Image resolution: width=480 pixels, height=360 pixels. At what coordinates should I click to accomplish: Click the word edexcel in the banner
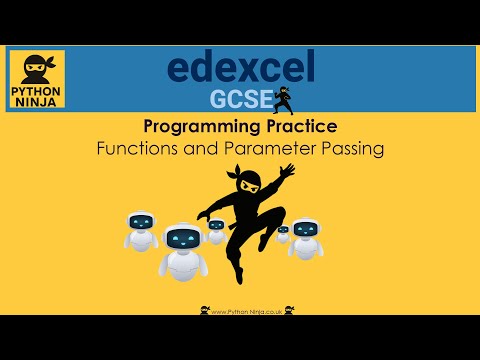point(240,67)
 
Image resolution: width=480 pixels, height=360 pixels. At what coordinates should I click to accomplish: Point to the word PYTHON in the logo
point(36,88)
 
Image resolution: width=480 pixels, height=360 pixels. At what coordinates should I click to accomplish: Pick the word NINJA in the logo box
point(36,101)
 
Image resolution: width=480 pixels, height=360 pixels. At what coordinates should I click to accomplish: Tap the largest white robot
point(181,250)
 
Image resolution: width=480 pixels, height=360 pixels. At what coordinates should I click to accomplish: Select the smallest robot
point(282,232)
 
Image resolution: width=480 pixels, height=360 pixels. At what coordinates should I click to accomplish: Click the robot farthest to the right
point(304,238)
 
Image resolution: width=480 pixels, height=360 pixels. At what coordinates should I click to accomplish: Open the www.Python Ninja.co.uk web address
point(244,310)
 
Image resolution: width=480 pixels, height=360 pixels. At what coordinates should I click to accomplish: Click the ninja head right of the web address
point(289,309)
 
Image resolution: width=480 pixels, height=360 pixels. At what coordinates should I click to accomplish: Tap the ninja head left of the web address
point(205,309)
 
